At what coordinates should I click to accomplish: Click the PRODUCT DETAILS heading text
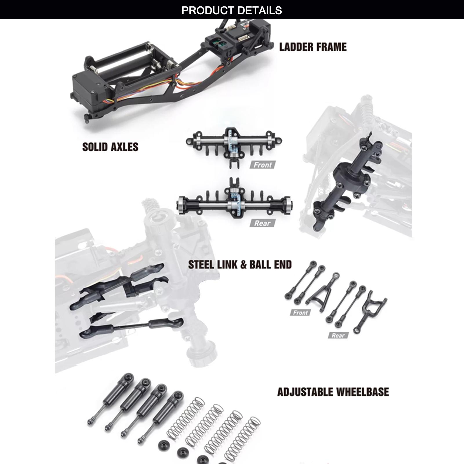(232, 10)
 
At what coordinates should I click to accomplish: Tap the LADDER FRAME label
(313, 47)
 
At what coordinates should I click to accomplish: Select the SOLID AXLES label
(110, 147)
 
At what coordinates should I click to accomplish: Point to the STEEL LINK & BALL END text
(240, 265)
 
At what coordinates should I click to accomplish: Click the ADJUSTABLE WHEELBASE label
(333, 392)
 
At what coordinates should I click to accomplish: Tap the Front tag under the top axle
(263, 165)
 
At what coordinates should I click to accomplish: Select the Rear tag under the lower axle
(262, 223)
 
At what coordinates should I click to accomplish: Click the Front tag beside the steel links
(300, 312)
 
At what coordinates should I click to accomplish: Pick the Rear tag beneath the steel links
(338, 335)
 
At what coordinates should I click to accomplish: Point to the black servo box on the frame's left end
(87, 93)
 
